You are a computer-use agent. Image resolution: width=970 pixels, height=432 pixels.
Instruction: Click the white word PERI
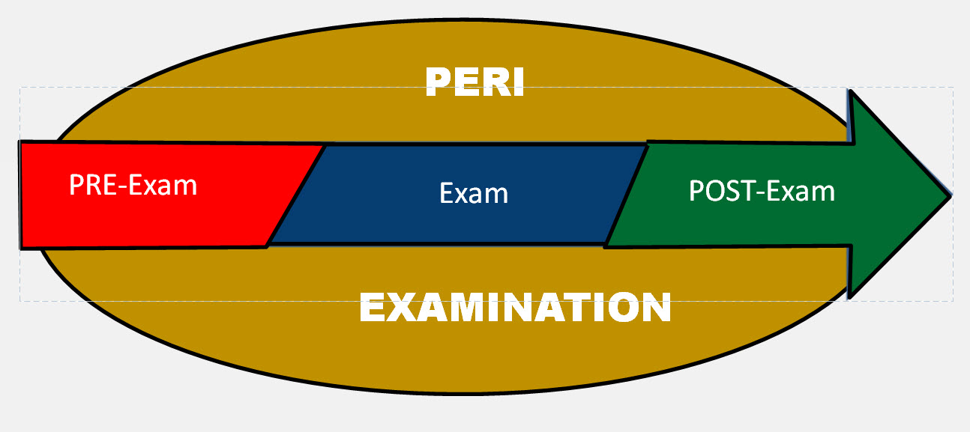point(475,82)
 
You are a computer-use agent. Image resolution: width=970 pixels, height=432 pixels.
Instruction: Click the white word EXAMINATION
point(515,308)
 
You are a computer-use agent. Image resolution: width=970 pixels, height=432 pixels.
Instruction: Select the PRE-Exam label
point(133,184)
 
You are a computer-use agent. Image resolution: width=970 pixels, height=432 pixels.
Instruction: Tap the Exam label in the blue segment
point(474,194)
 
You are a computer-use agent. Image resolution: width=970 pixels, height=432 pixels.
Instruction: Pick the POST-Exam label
point(762,192)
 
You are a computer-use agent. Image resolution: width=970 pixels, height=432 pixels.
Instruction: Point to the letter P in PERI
point(439,82)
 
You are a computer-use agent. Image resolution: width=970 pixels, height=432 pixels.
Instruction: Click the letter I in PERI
point(516,82)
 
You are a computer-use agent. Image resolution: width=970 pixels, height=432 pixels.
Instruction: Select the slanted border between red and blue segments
point(296,195)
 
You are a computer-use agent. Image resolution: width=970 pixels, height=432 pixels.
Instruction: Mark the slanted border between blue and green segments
point(627,195)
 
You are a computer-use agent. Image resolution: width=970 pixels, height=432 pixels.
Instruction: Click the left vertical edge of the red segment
point(20,195)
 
